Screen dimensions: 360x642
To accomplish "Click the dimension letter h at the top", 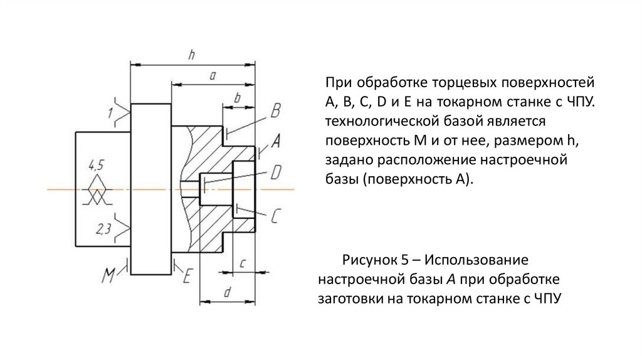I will (x=192, y=55).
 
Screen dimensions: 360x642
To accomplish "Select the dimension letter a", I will (x=213, y=76).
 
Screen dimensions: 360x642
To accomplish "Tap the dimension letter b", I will (x=237, y=98).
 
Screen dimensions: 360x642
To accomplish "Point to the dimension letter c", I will (x=242, y=262).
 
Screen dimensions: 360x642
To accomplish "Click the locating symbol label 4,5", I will (x=96, y=166).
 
